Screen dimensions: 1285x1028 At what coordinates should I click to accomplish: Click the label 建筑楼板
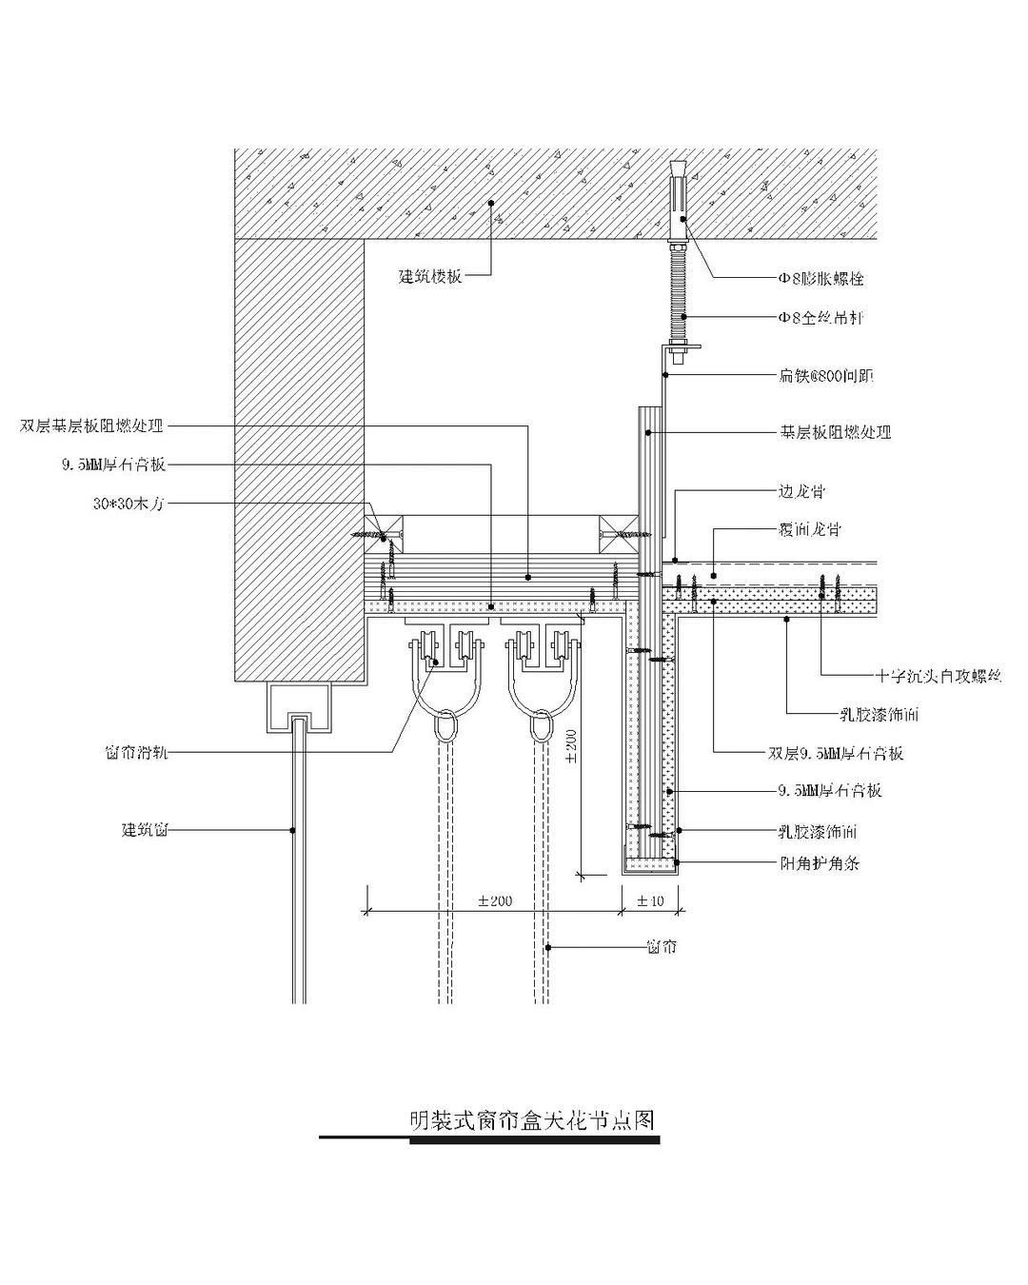pos(430,277)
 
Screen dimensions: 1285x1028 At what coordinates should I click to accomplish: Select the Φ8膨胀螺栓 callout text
pos(820,279)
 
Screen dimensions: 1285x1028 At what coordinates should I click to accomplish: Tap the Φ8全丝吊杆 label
pos(820,318)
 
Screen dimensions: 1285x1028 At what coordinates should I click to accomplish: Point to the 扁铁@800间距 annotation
pos(825,376)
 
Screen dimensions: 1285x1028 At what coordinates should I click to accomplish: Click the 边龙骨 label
pos(801,492)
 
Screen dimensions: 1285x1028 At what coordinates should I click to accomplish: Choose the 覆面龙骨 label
pos(809,529)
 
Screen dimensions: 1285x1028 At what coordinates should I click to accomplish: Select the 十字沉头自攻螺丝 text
pos(939,677)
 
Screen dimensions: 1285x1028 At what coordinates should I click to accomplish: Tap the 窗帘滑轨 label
pos(136,752)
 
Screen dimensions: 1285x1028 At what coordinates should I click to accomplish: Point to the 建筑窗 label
pos(145,830)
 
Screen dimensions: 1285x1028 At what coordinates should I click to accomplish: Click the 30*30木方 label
pos(128,504)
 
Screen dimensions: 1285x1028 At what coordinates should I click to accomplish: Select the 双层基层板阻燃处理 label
pos(92,425)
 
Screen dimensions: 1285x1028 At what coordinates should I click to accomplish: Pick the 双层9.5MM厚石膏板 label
pos(836,753)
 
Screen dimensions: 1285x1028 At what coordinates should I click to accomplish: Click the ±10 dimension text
pos(650,900)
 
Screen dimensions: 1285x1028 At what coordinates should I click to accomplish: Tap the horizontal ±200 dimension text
pos(495,900)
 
